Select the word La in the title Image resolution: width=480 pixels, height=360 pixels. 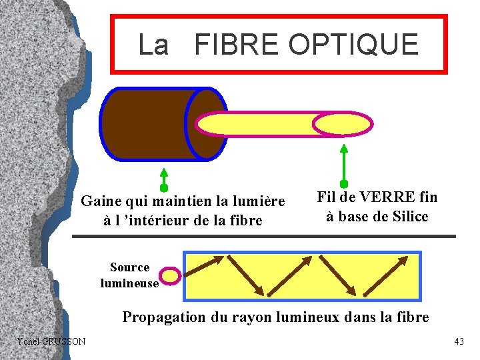click(154, 45)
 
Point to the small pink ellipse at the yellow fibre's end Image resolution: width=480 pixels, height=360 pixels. click(343, 125)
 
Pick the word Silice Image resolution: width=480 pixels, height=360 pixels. click(406, 217)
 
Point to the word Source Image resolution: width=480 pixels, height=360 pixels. click(129, 267)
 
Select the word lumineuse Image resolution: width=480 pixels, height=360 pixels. click(129, 283)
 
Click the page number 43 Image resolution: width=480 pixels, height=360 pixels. click(459, 341)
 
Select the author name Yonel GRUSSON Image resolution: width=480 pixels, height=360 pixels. click(51, 341)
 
